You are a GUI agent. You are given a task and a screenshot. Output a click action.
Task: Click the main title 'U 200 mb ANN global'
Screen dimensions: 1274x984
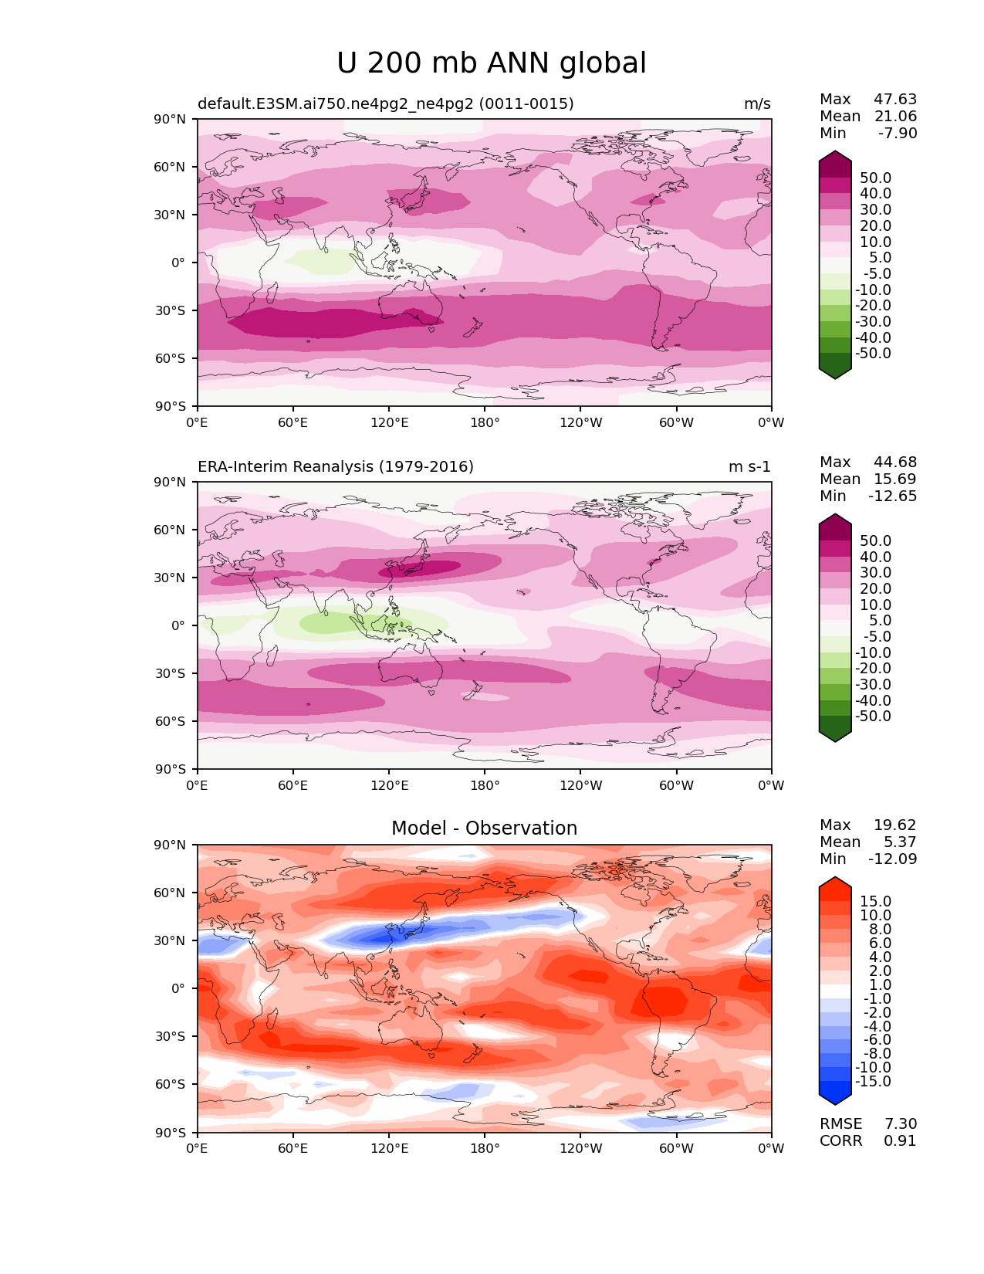[492, 63]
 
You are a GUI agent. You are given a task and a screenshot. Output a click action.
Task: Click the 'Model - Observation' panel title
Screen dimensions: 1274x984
[484, 828]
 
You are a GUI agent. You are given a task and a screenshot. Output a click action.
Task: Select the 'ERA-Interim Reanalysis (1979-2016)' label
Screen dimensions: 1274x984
[336, 467]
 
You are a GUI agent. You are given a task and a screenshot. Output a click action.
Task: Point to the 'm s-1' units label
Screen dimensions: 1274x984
[749, 467]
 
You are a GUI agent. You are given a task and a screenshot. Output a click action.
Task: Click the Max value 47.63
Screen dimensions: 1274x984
[895, 100]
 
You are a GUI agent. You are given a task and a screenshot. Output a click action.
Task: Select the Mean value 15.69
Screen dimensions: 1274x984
[895, 479]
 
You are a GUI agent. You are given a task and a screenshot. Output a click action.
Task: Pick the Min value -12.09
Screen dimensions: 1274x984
[893, 859]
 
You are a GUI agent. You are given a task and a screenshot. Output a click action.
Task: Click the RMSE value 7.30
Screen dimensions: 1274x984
[900, 1124]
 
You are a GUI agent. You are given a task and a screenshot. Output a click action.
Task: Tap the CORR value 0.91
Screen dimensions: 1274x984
[900, 1141]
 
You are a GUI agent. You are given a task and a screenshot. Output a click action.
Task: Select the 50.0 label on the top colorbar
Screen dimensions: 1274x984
[875, 178]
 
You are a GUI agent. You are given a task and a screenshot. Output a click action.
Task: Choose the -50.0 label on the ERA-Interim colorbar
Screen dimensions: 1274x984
[872, 717]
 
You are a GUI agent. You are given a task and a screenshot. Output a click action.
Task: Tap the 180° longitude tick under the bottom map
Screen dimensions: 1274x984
[485, 1149]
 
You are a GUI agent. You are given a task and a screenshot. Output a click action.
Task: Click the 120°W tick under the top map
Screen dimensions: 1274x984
[581, 423]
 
